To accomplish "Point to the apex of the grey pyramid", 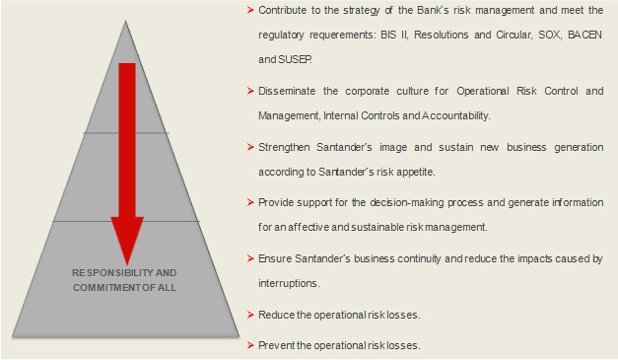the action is click(126, 21).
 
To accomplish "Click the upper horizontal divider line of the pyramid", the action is click(126, 133).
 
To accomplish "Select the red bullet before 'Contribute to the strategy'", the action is click(250, 10).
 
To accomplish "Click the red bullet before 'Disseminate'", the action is click(250, 91).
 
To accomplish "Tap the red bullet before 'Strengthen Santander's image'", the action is click(250, 148).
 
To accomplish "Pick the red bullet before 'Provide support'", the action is click(250, 202).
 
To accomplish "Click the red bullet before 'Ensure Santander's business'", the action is click(250, 258).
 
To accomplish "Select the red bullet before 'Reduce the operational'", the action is click(250, 315).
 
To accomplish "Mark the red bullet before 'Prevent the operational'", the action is click(250, 345).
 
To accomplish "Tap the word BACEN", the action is click(584, 35).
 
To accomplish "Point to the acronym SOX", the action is click(549, 35).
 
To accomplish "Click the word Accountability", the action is click(456, 116).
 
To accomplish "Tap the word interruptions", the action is click(289, 283).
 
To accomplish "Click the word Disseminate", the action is click(287, 91).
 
